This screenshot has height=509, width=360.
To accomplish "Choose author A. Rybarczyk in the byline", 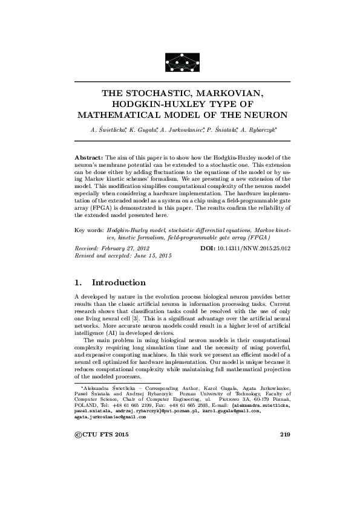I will pos(258,129).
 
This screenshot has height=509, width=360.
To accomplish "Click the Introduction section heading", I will pos(118,282).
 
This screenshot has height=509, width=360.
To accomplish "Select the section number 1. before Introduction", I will pos(78,282).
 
